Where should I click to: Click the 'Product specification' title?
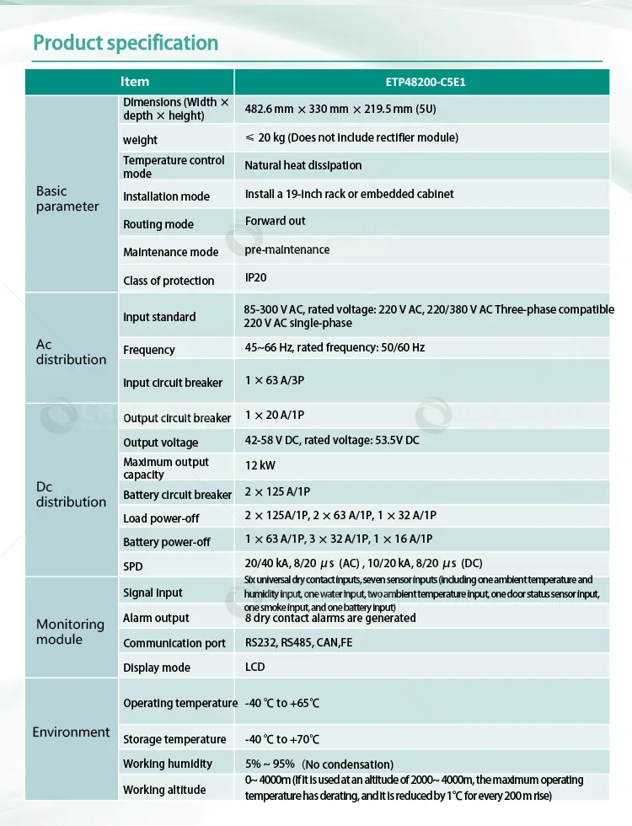click(x=126, y=43)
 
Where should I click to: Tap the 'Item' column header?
click(x=135, y=82)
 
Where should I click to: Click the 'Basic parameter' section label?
click(x=67, y=199)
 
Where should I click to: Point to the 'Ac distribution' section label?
click(x=71, y=352)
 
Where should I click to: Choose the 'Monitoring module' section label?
click(x=70, y=631)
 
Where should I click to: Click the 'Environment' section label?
click(x=71, y=732)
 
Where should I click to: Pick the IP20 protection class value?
click(x=256, y=277)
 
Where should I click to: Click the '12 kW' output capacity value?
click(x=260, y=465)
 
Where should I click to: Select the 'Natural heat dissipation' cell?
click(x=303, y=165)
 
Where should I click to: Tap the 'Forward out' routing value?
click(x=275, y=221)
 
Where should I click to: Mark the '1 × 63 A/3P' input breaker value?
click(x=275, y=380)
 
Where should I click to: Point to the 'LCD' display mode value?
click(x=254, y=667)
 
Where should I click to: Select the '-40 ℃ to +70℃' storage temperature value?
click(x=282, y=739)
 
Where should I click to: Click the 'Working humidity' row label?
click(x=168, y=764)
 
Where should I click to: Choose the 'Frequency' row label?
click(x=149, y=350)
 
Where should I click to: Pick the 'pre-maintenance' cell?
click(x=287, y=249)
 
